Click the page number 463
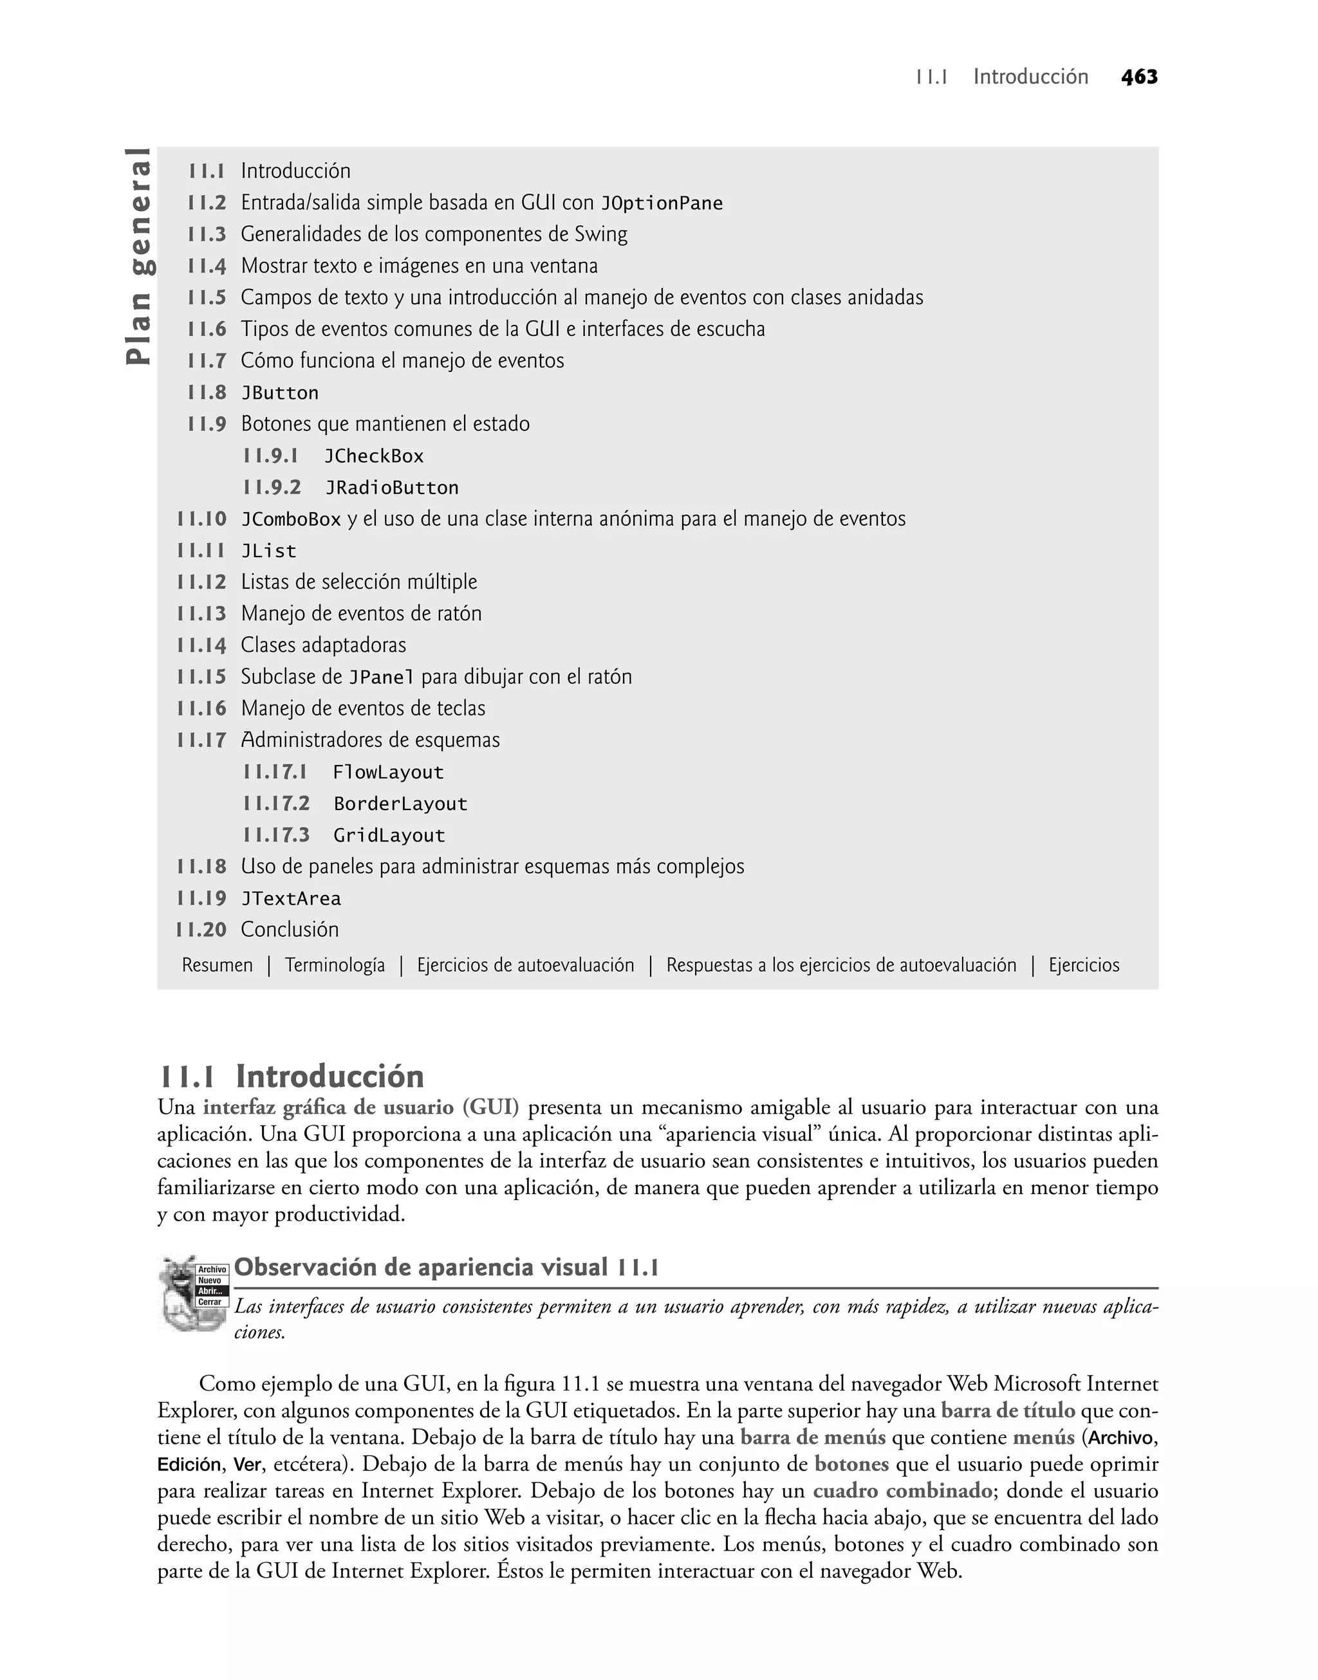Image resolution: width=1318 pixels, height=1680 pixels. [1139, 77]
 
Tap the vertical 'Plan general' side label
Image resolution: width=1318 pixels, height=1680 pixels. [140, 256]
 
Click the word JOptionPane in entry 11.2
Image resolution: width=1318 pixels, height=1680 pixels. [662, 203]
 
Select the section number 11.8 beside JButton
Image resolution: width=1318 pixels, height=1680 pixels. [207, 392]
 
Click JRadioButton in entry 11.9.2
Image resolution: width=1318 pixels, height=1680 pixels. [391, 488]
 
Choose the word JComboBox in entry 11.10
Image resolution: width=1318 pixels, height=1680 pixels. [291, 520]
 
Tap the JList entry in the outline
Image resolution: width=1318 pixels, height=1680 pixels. [268, 551]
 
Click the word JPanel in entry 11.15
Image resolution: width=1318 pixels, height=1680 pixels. [381, 678]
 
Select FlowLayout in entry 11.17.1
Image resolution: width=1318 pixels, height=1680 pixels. [388, 773]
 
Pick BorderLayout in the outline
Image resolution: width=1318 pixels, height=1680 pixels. [400, 804]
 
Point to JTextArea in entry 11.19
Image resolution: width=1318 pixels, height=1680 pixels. [291, 900]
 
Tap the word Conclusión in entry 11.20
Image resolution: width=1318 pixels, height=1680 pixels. [290, 930]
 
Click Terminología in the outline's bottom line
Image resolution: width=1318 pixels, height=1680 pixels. [334, 966]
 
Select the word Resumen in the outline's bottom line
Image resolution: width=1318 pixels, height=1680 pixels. [217, 966]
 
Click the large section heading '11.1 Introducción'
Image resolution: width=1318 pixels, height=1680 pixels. [292, 1076]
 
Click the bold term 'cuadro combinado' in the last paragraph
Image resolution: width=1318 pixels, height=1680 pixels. [902, 1490]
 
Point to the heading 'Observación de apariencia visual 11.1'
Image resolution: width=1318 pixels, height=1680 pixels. [446, 1268]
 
